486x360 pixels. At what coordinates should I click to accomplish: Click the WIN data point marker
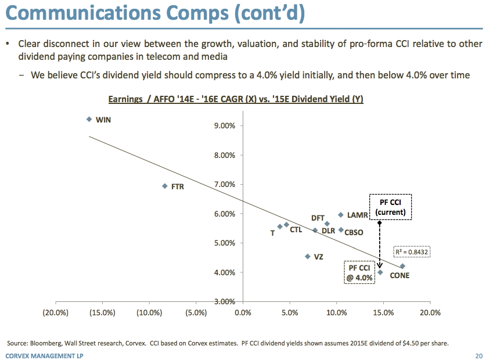89,119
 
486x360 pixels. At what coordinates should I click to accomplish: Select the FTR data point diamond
164,186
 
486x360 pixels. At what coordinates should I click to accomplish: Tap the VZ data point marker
307,256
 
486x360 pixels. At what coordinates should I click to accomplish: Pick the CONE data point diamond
402,266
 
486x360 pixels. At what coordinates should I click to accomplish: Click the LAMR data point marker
341,215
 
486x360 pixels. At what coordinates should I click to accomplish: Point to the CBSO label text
354,232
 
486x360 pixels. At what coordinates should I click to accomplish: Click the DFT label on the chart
318,218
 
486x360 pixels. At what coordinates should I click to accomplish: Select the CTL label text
296,230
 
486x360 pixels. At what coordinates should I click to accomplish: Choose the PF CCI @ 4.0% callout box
359,272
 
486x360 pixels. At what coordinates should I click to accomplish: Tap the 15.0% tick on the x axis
383,312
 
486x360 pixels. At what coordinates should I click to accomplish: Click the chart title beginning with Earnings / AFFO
236,99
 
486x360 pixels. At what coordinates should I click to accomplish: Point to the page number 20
478,355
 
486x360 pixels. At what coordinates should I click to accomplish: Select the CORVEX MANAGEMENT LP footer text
44,355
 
